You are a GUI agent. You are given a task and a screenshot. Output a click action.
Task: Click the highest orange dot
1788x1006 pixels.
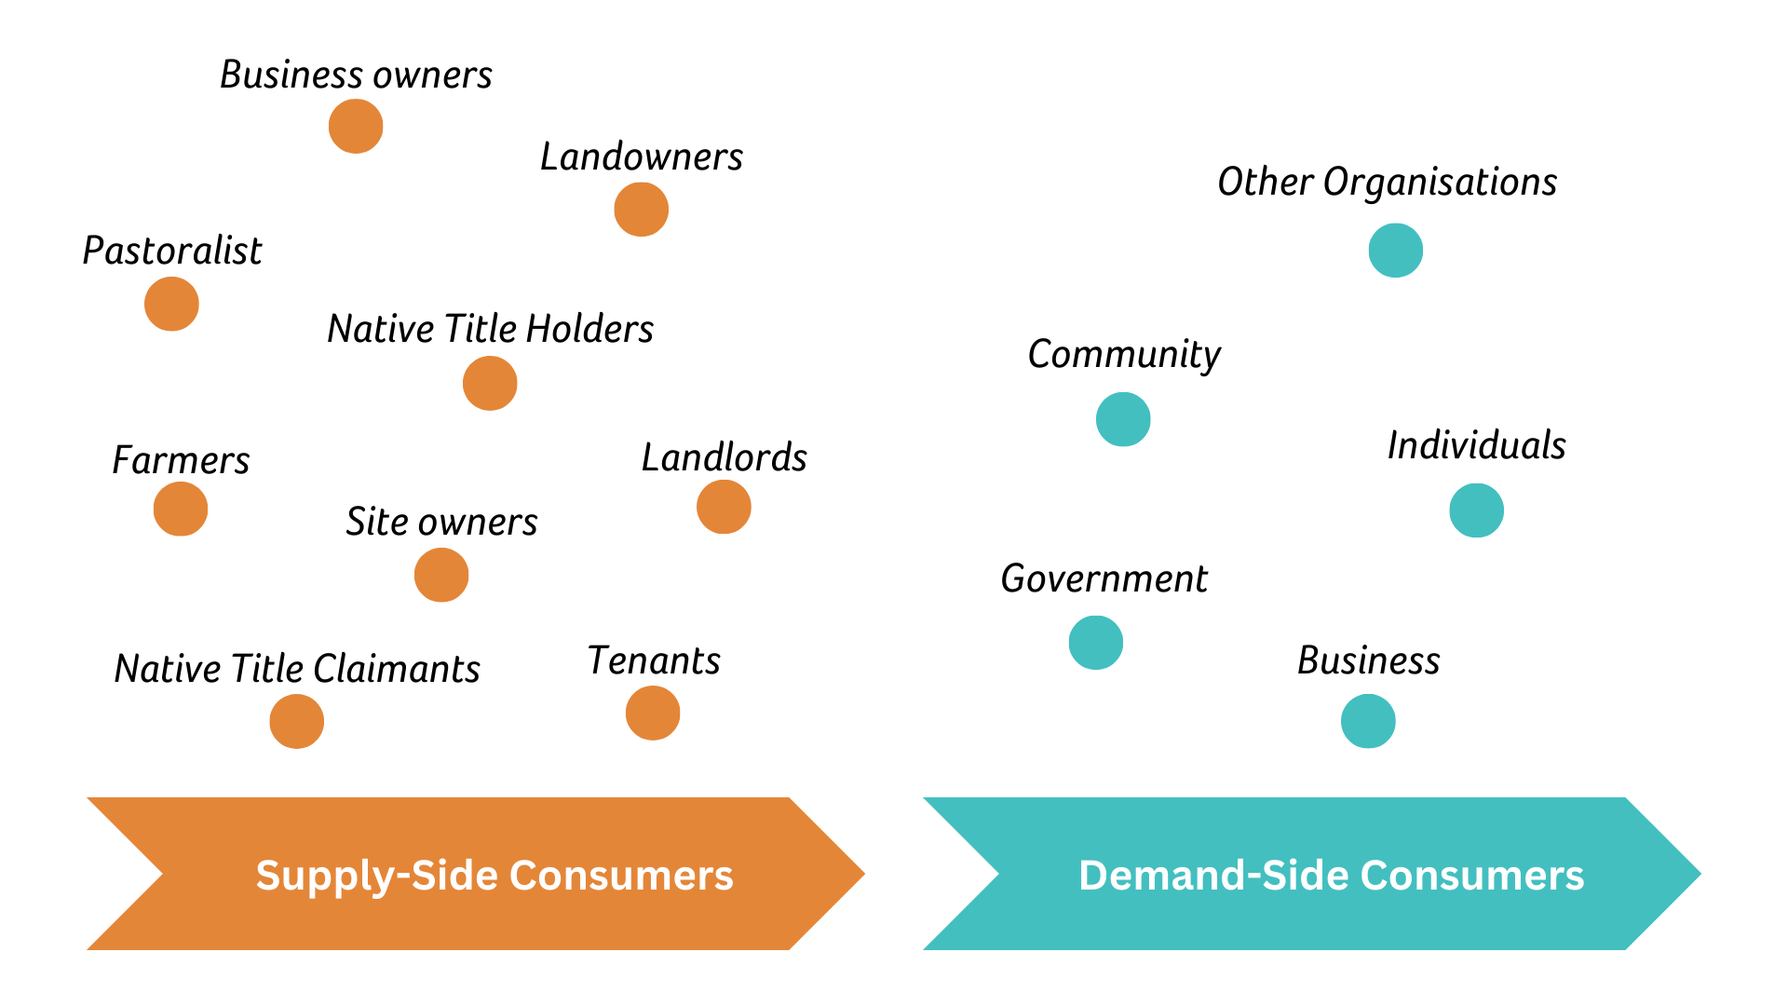[x=356, y=126]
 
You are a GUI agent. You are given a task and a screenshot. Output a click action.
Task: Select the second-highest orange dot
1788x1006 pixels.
[x=641, y=209]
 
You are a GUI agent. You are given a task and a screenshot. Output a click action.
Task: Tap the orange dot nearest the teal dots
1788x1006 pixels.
[x=724, y=507]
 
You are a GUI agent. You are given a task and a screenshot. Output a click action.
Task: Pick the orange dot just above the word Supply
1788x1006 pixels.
[x=296, y=721]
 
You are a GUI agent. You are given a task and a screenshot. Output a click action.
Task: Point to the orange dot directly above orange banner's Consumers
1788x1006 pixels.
[x=653, y=714]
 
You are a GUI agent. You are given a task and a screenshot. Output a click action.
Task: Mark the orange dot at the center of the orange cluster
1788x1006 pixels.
[x=490, y=383]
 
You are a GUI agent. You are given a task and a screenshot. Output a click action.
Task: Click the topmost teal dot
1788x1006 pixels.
[x=1395, y=250]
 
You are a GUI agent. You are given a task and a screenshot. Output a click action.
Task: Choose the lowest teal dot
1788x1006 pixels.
[x=1368, y=721]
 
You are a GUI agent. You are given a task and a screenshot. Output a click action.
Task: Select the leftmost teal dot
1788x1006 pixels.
[x=1096, y=642]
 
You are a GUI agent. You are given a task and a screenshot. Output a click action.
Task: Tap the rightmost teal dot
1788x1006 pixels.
[x=1476, y=510]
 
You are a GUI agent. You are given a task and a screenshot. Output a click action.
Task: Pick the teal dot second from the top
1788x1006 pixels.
[x=1123, y=419]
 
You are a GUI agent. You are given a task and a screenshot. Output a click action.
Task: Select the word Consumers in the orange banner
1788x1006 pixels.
[x=621, y=877]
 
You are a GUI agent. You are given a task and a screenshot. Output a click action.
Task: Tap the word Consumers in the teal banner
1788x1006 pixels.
[x=1471, y=877]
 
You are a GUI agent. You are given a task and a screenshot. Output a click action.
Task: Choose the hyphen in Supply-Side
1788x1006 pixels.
[x=403, y=878]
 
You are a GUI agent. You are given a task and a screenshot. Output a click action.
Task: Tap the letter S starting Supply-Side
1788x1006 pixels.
[x=268, y=876]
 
